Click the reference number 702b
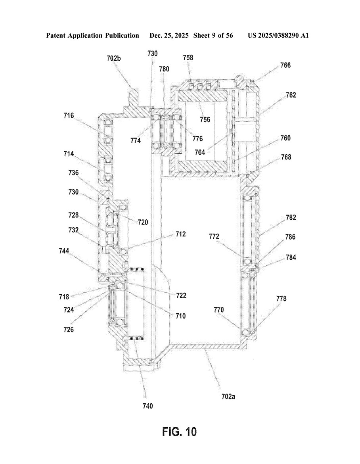114,58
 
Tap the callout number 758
188,58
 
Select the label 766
285,65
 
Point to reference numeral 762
291,95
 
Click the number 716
69,115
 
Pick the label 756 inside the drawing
205,119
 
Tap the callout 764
200,152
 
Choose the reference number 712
180,234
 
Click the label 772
214,236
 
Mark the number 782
291,217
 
